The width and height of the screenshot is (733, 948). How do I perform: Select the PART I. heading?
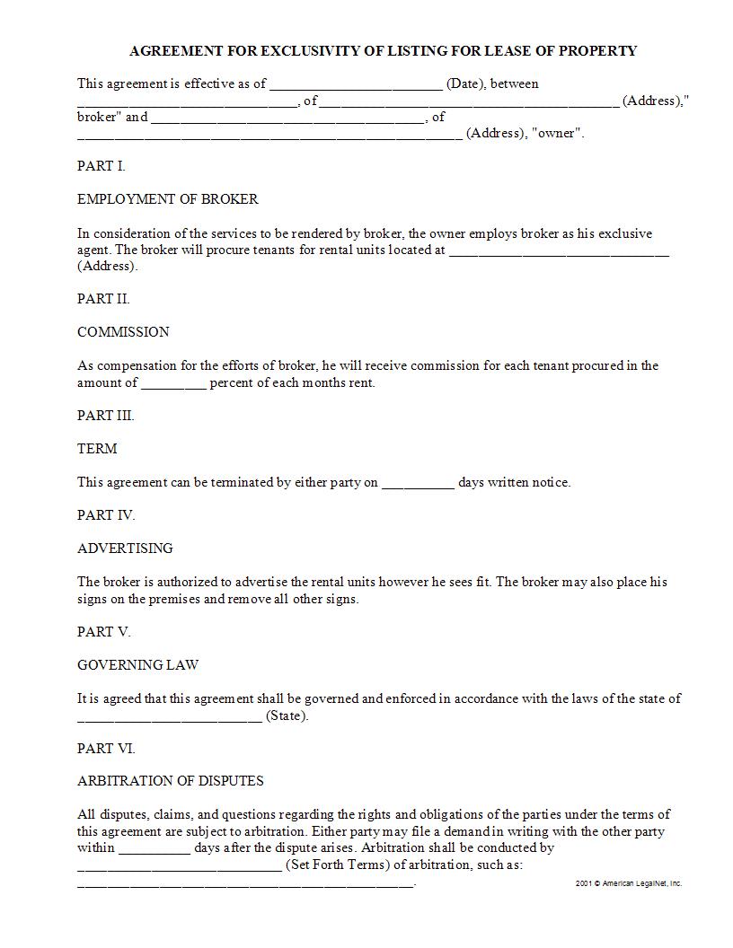tap(102, 166)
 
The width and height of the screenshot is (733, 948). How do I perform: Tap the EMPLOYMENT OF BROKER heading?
tap(168, 199)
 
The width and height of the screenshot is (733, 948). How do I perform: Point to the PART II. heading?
tap(103, 299)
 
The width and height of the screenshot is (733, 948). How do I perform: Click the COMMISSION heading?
tap(123, 332)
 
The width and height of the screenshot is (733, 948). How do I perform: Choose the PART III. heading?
tap(106, 416)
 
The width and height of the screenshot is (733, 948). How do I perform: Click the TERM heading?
tap(97, 449)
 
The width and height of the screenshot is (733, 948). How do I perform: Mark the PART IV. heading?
tap(106, 515)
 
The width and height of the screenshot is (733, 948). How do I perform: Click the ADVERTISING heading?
tap(125, 549)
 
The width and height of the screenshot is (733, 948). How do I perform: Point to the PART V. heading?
tap(104, 632)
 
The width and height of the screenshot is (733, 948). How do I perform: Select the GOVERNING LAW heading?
tap(138, 665)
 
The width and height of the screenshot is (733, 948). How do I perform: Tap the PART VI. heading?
tap(106, 749)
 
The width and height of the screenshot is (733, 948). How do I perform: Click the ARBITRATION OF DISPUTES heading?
tap(171, 781)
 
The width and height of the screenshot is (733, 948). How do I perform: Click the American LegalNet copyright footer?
tap(629, 883)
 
